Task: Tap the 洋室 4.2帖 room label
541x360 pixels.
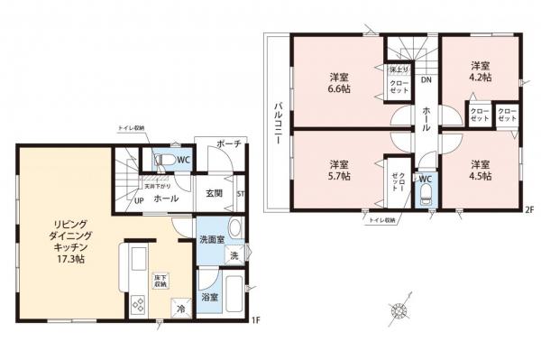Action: [x=481, y=71]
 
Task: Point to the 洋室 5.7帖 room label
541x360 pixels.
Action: [x=339, y=171]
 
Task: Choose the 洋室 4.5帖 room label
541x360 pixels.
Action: [x=481, y=171]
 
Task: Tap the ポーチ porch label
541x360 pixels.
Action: [x=228, y=144]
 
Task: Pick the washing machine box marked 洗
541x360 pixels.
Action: [x=233, y=257]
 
